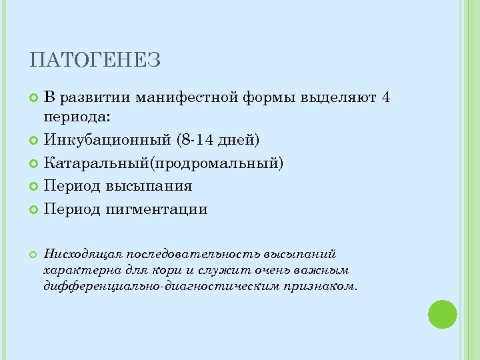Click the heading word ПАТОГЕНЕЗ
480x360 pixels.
95,61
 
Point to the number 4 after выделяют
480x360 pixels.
386,98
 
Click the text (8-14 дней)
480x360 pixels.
219,140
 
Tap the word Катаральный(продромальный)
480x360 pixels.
163,163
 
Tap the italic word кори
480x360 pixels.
201,270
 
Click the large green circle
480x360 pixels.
441,315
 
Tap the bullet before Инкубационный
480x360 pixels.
35,141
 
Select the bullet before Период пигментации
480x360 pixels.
35,210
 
